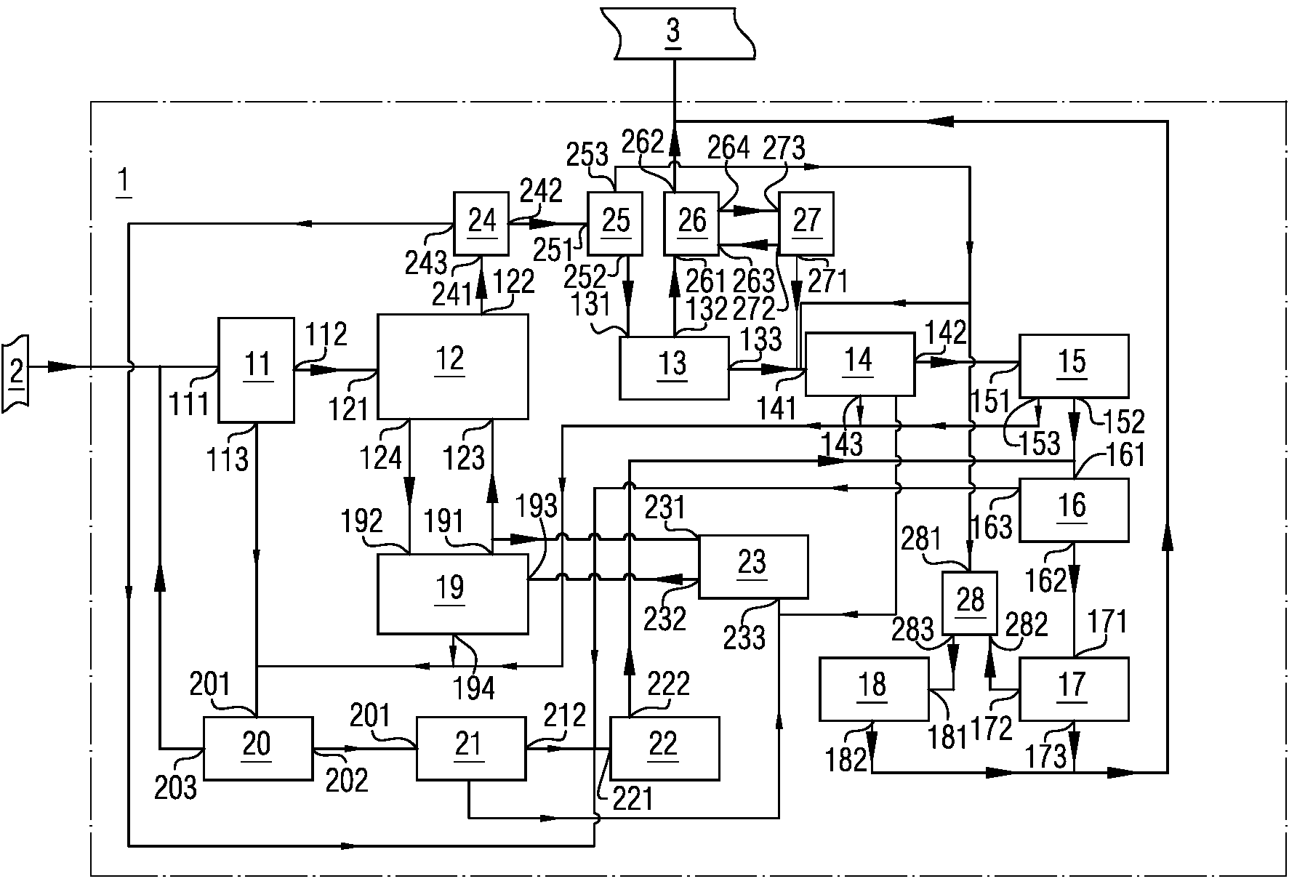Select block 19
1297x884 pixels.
pyautogui.click(x=452, y=593)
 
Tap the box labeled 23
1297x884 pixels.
pyautogui.click(x=752, y=566)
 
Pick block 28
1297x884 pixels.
pyautogui.click(x=969, y=602)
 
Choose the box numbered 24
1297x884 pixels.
pyautogui.click(x=481, y=223)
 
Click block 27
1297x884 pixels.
pyautogui.click(x=806, y=223)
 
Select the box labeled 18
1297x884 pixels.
pyautogui.click(x=873, y=688)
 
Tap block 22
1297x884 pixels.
pyautogui.click(x=664, y=747)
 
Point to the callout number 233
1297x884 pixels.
pyautogui.click(x=744, y=638)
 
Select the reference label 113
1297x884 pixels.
pyautogui.click(x=228, y=459)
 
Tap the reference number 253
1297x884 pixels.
pyautogui.click(x=587, y=155)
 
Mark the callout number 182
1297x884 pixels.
pyautogui.click(x=846, y=759)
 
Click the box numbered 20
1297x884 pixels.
pyautogui.click(x=257, y=748)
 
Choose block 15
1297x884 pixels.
pyautogui.click(x=1073, y=366)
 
